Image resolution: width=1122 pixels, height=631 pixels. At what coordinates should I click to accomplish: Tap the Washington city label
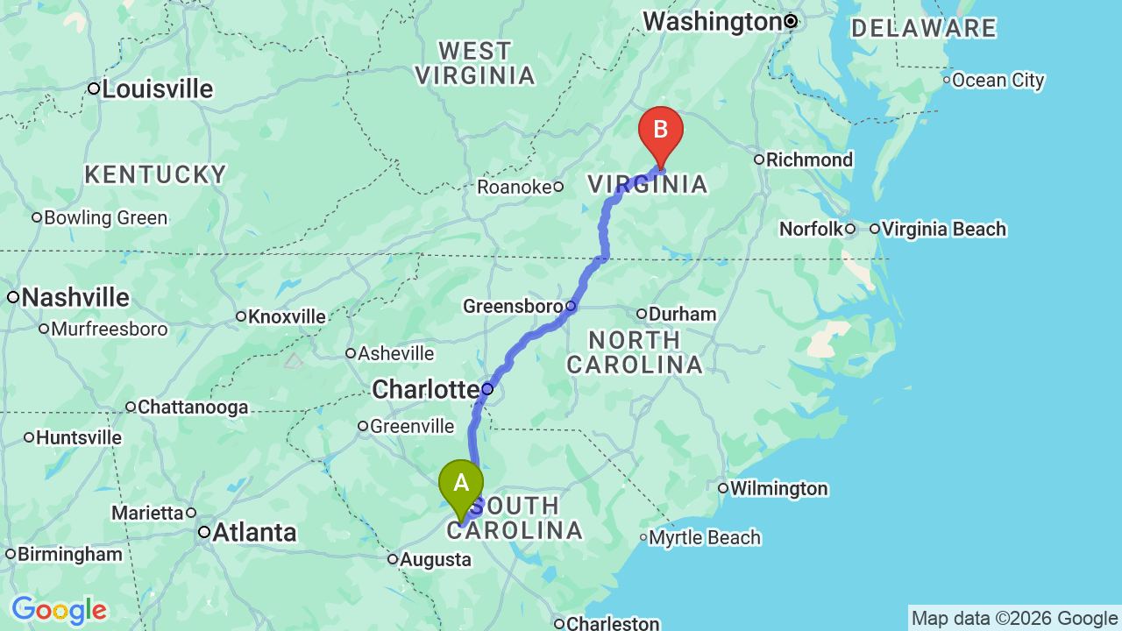[712, 21]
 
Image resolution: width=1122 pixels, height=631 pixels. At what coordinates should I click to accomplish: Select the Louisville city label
[158, 89]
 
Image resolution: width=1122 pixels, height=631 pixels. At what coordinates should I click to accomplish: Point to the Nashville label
[75, 298]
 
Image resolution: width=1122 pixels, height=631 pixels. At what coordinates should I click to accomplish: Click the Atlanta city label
[254, 532]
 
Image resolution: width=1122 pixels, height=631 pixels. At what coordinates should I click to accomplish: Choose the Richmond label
[809, 160]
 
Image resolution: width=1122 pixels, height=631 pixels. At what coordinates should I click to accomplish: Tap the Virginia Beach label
[944, 229]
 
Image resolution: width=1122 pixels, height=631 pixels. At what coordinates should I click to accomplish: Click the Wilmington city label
[778, 488]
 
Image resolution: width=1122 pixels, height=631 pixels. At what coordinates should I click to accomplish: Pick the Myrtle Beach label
[706, 537]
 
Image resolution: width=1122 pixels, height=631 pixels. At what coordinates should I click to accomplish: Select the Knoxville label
[287, 316]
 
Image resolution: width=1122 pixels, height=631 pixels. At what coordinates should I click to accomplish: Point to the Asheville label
[395, 353]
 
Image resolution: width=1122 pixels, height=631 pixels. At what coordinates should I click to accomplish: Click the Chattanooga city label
[193, 407]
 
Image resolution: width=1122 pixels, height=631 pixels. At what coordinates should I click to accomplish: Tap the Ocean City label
[998, 81]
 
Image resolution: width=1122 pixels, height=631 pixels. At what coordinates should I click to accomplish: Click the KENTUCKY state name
[156, 174]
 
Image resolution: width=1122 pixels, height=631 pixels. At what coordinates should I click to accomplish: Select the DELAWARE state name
[924, 28]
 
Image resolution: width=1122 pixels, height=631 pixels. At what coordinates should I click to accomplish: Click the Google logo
[59, 610]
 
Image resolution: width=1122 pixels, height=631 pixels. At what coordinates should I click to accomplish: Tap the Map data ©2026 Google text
[1014, 619]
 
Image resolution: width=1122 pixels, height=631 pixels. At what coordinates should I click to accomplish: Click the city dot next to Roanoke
[558, 187]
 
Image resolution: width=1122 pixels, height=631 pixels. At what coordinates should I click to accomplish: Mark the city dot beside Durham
[642, 314]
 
